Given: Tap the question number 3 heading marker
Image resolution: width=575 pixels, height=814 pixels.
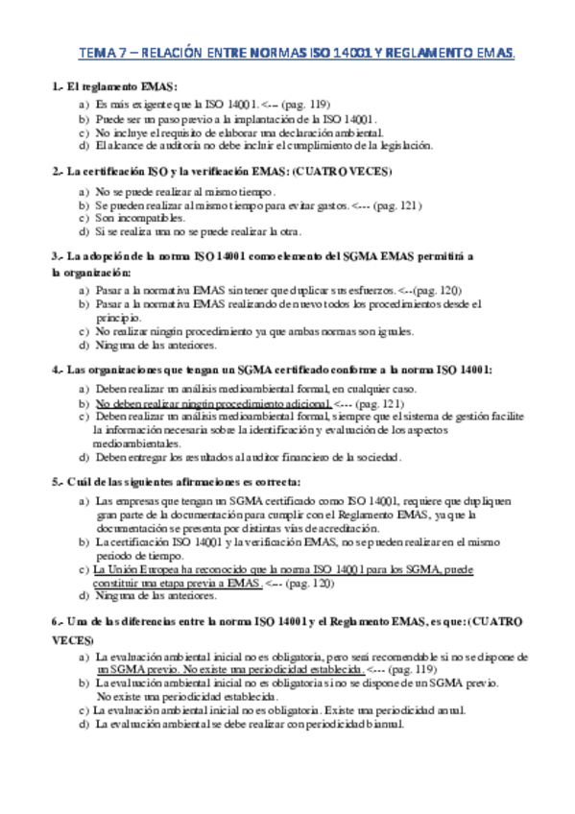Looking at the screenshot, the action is [x=57, y=257].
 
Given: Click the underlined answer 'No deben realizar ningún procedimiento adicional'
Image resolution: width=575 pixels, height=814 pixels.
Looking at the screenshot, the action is [x=213, y=405].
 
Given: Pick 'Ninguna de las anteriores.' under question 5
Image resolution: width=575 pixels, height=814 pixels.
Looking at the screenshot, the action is [x=156, y=595].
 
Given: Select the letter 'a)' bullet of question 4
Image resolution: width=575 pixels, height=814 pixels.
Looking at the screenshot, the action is [x=84, y=391].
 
